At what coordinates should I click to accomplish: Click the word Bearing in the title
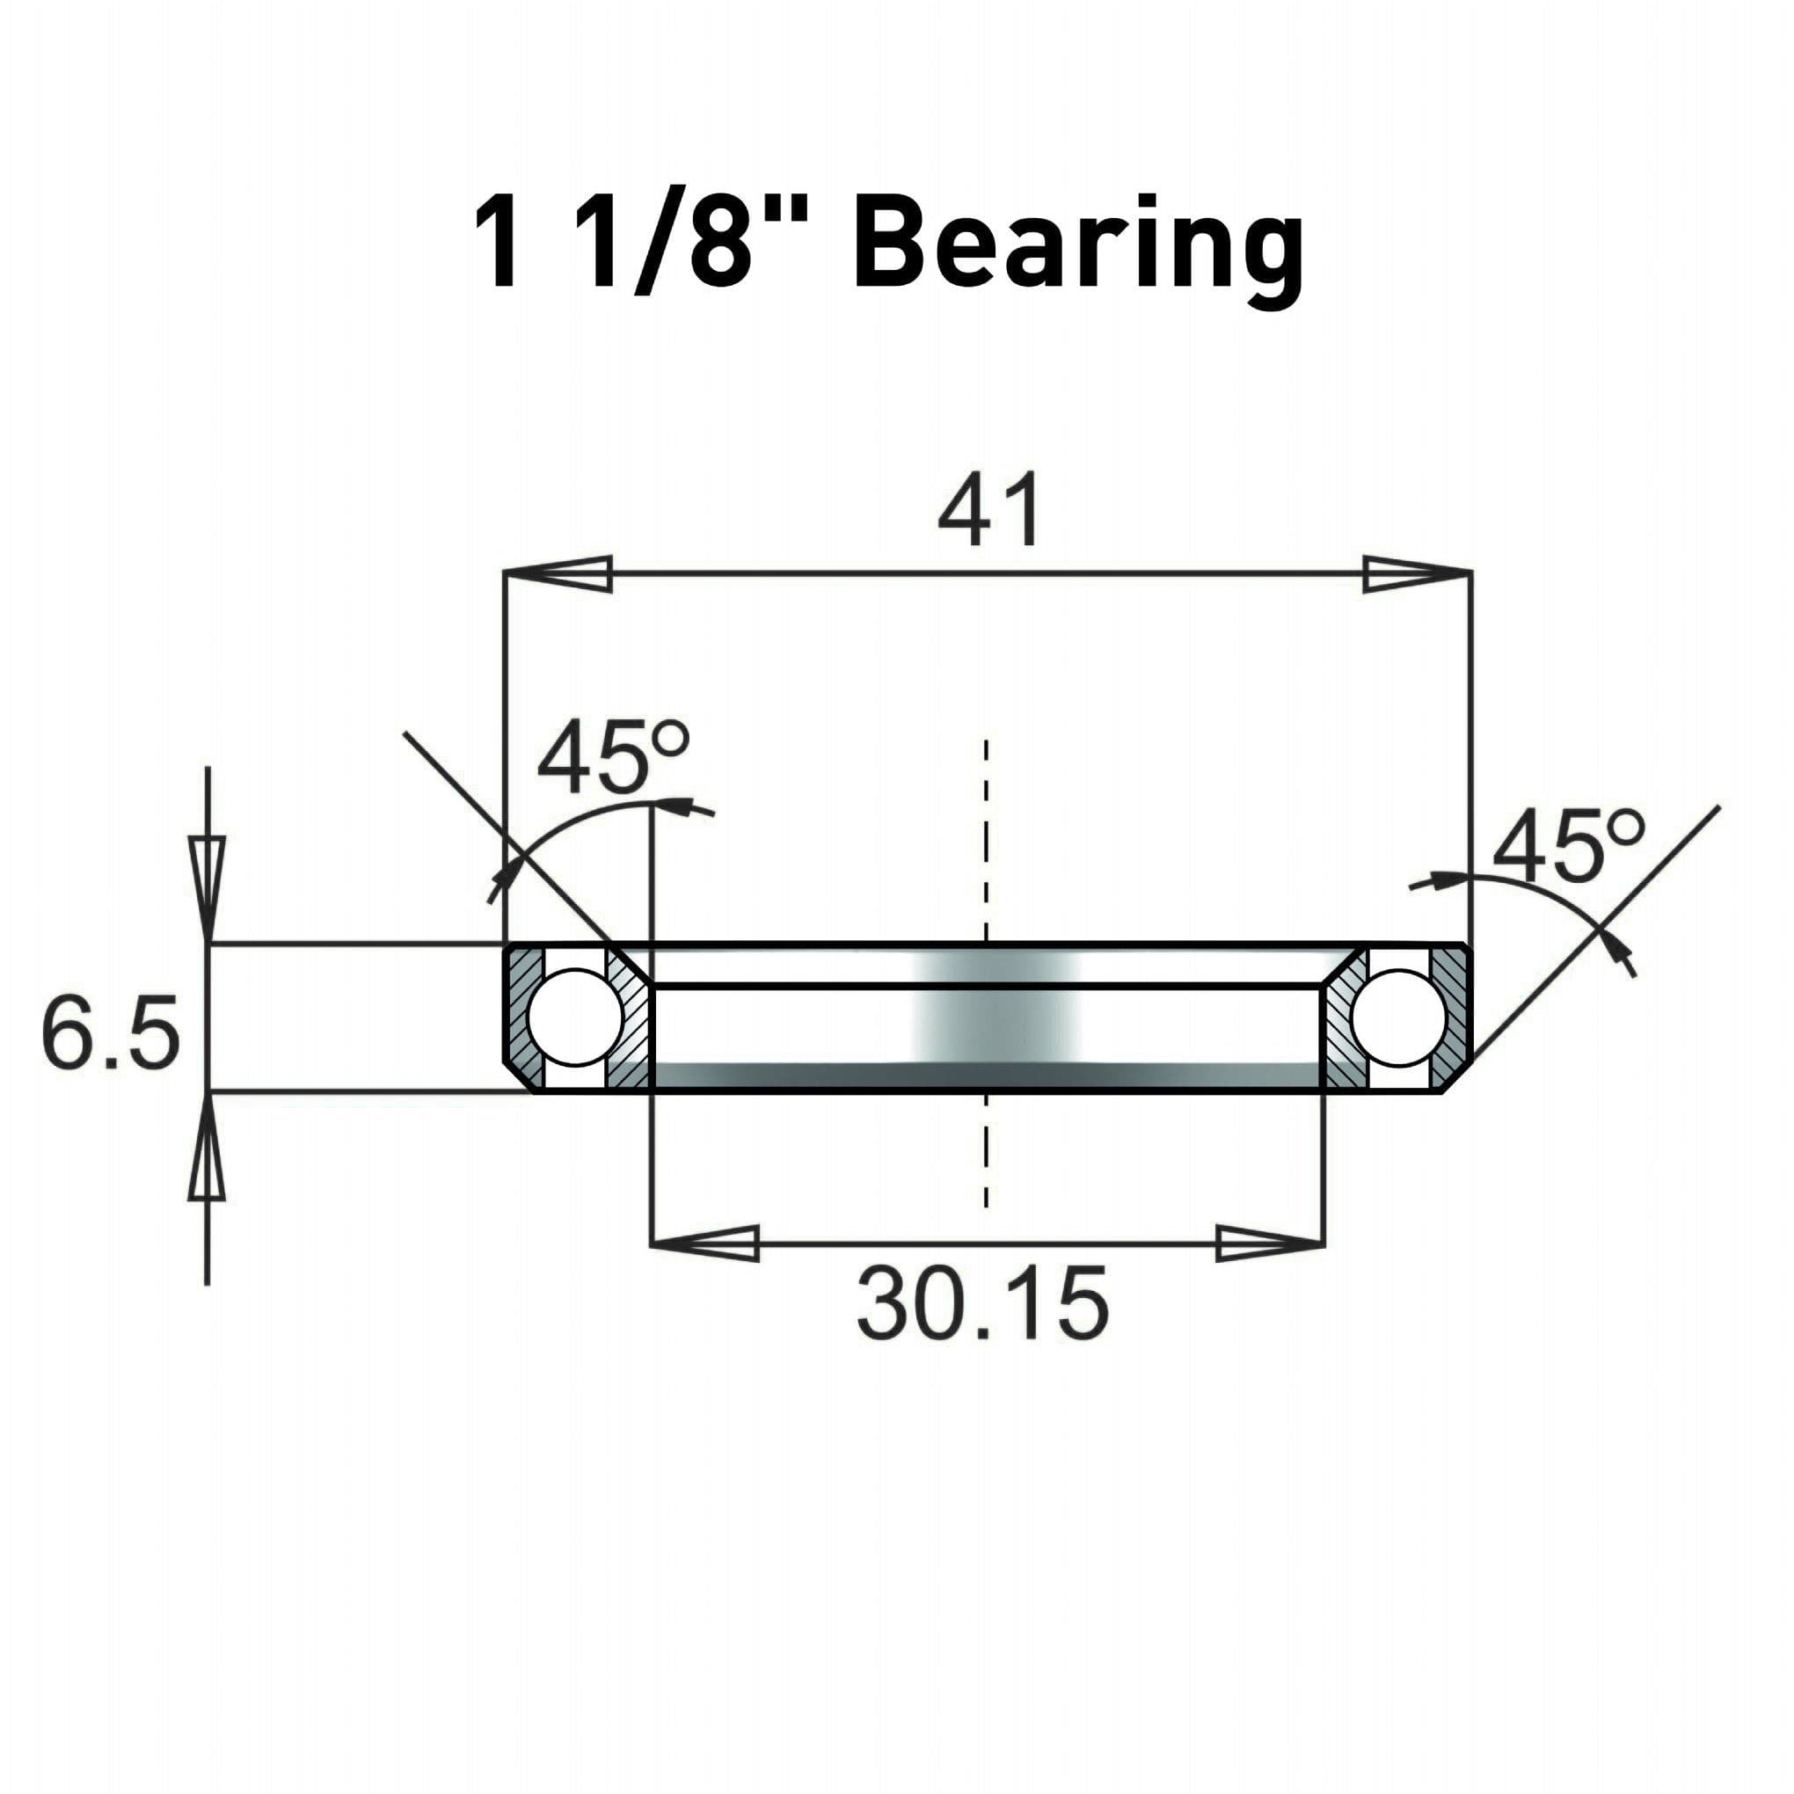[x=1077, y=244]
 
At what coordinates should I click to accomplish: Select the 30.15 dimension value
[x=982, y=1302]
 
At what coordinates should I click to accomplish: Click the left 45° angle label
[x=613, y=762]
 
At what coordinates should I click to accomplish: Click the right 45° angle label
[x=1567, y=846]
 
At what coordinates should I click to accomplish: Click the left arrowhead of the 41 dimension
[x=558, y=574]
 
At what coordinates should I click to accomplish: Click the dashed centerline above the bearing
[x=986, y=835]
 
